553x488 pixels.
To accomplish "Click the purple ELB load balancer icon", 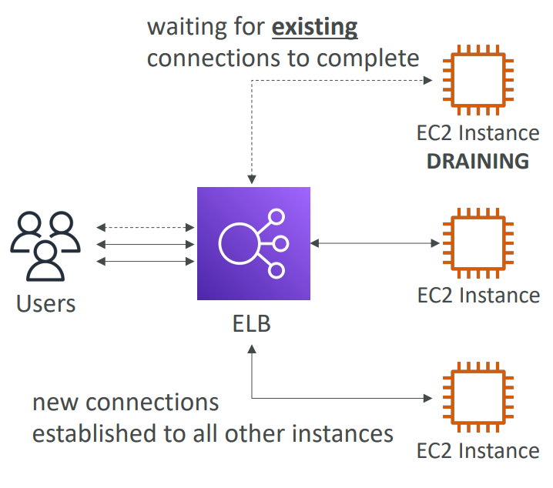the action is click(253, 243).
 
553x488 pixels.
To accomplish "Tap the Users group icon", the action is click(45, 246).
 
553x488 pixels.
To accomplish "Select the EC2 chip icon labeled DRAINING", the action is click(478, 80).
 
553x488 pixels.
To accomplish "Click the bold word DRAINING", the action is click(478, 162).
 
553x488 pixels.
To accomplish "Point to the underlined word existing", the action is click(314, 28).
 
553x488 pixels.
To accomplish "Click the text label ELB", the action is click(251, 323).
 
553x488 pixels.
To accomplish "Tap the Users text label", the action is click(46, 304).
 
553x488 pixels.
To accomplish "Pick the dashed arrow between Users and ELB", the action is click(146, 228).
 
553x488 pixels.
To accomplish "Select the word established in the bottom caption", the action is click(94, 433).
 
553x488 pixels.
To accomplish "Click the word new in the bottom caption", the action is click(55, 403).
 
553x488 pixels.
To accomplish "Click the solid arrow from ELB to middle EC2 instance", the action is click(375, 243).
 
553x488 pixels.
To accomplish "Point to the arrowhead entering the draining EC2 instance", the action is click(428, 80).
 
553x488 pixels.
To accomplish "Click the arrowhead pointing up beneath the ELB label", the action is click(252, 349).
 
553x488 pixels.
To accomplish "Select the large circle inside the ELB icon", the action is click(239, 243).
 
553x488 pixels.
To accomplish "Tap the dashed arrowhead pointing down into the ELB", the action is click(252, 179).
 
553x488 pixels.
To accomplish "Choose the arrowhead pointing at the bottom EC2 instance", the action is click(428, 398).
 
